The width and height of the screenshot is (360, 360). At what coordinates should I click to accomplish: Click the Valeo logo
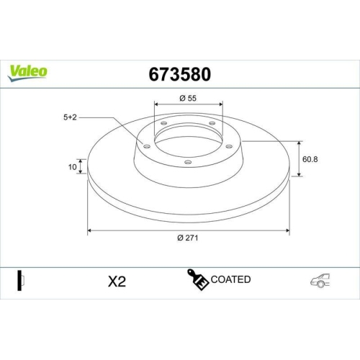click(28, 70)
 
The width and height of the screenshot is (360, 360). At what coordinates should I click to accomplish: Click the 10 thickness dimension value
click(71, 167)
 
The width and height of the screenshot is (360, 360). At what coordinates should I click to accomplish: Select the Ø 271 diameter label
click(189, 238)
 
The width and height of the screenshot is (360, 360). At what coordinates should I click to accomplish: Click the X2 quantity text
click(117, 282)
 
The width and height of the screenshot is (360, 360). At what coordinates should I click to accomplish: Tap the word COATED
click(231, 279)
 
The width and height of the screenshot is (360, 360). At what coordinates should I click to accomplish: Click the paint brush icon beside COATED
click(199, 280)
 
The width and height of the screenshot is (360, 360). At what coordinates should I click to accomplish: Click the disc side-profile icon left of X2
click(22, 280)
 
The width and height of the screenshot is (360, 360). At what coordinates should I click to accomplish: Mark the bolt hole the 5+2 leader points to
click(147, 146)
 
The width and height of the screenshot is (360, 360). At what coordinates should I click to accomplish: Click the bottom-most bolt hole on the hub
click(188, 162)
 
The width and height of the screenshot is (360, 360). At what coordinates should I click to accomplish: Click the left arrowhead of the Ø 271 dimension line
click(90, 230)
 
